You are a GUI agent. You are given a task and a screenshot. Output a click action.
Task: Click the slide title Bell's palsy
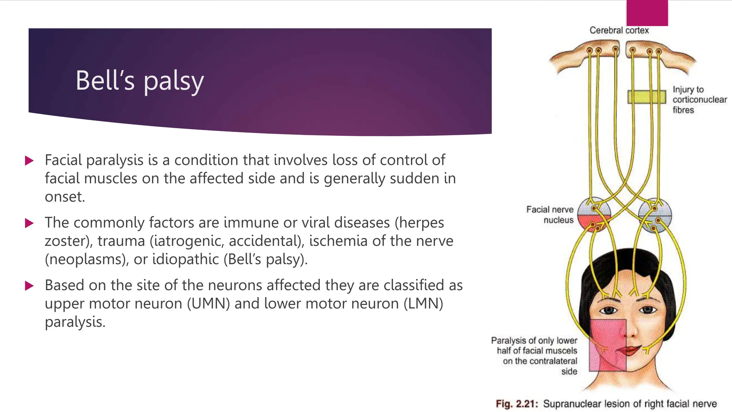click(x=139, y=81)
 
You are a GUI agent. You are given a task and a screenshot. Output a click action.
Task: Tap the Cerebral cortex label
click(x=619, y=30)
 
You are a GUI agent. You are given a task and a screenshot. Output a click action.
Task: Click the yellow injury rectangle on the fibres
click(x=647, y=97)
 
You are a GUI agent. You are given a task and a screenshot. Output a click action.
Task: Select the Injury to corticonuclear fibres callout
click(x=699, y=99)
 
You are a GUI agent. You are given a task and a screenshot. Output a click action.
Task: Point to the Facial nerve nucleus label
click(x=550, y=215)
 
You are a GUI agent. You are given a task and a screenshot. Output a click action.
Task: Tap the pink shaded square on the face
click(x=608, y=345)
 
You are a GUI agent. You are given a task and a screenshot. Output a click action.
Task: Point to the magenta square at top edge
click(x=647, y=13)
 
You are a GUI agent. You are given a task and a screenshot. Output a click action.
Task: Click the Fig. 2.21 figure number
click(x=516, y=404)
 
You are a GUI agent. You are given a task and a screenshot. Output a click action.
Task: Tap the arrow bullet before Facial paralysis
click(x=29, y=161)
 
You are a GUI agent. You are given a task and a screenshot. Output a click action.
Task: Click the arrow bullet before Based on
click(x=29, y=286)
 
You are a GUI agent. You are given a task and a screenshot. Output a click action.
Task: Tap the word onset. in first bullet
click(x=65, y=197)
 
